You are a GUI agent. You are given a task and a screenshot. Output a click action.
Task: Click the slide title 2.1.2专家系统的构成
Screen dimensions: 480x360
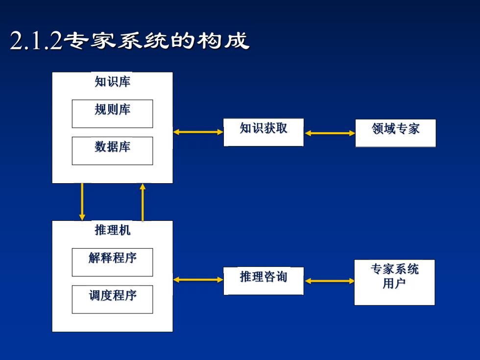(129, 40)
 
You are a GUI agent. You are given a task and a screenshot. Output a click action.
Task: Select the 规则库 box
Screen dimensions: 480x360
(112, 114)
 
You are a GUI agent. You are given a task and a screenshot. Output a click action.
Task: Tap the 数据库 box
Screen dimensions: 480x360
(112, 151)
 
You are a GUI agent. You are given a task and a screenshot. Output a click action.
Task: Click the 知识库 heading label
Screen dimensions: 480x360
(112, 82)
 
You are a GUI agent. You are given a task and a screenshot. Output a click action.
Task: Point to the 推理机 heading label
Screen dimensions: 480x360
(112, 230)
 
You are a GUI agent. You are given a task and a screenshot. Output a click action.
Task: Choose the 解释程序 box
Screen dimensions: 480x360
(112, 263)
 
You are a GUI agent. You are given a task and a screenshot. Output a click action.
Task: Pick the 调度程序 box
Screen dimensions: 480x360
(112, 299)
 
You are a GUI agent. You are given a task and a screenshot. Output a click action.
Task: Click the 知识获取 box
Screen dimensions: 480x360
(264, 132)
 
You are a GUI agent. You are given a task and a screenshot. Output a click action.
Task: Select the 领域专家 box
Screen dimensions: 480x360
(396, 133)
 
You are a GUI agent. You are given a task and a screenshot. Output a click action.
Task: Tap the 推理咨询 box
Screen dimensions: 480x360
(264, 281)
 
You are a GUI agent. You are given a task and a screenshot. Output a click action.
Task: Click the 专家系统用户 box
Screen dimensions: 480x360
(395, 282)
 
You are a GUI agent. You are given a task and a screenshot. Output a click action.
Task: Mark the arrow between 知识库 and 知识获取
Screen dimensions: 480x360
(198, 132)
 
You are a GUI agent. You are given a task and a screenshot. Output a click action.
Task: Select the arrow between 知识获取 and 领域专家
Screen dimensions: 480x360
(330, 133)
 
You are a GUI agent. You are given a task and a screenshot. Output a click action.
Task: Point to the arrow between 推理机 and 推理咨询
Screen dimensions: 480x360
(198, 280)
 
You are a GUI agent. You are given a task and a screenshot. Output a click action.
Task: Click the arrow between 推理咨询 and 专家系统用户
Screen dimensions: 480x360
(329, 281)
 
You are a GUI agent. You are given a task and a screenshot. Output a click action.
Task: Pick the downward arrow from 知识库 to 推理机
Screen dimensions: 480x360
(82, 202)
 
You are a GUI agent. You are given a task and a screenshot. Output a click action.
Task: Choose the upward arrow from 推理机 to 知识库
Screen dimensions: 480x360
(143, 202)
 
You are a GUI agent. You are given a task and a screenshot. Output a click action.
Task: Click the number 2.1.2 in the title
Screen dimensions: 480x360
(36, 41)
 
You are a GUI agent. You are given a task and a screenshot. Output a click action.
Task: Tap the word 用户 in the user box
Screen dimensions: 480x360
(394, 283)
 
